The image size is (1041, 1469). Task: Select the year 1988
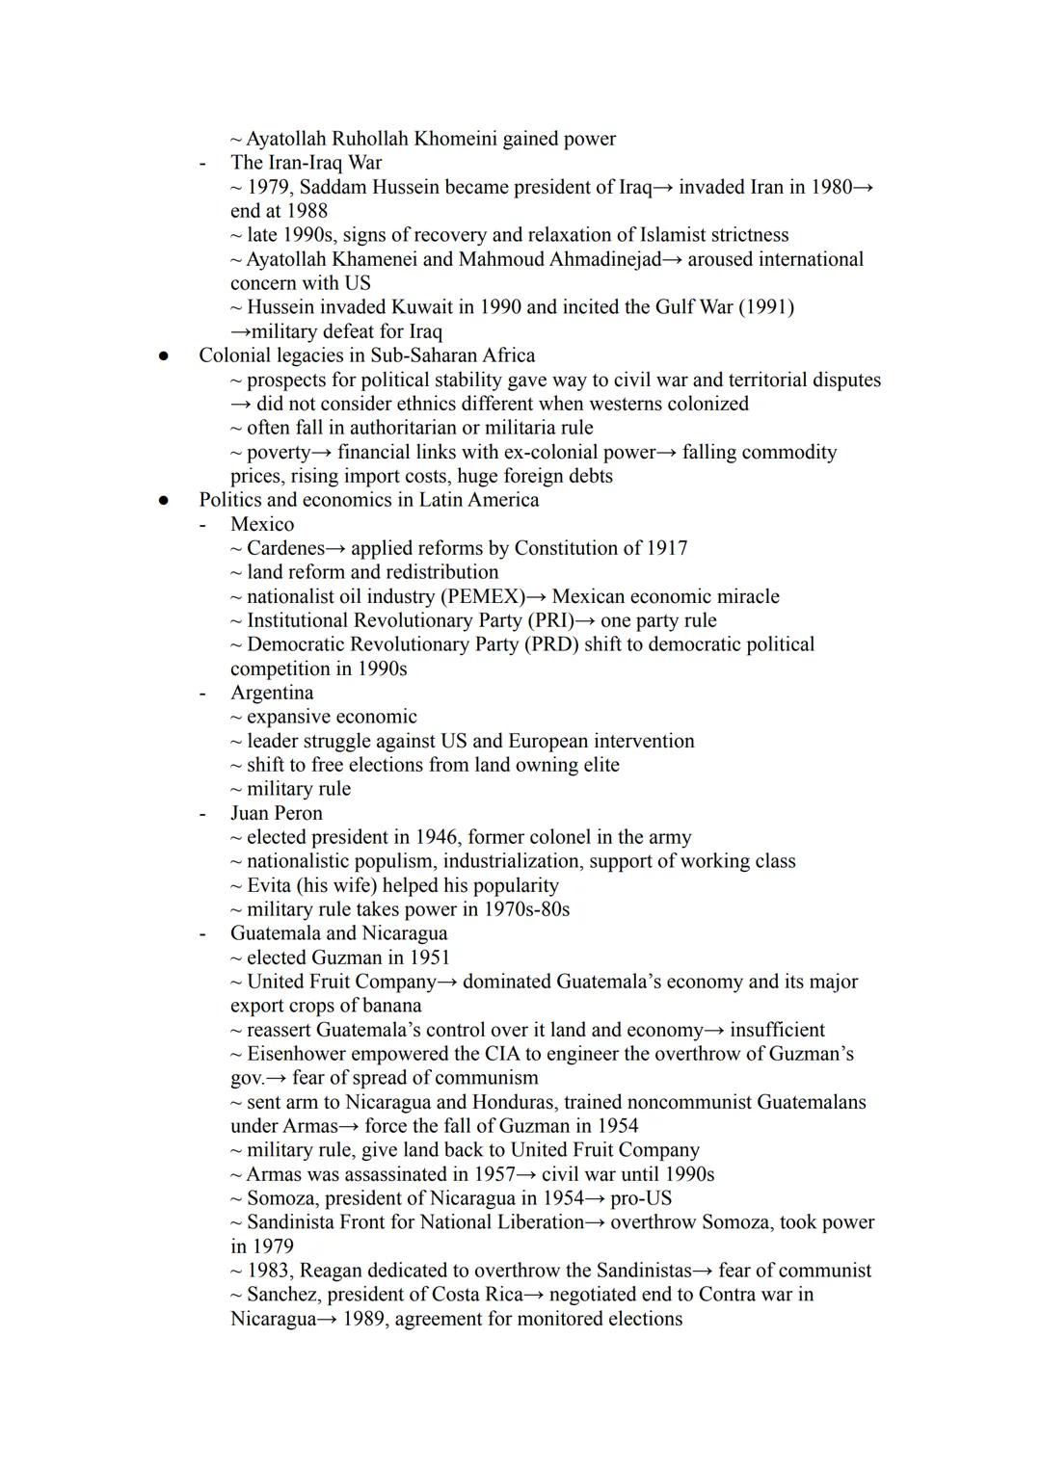[307, 211]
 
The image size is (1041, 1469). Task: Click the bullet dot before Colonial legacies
[164, 355]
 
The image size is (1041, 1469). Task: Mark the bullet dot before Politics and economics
[164, 500]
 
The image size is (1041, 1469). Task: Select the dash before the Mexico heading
[202, 524]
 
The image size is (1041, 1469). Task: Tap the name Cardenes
[285, 548]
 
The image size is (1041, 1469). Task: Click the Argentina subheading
[272, 693]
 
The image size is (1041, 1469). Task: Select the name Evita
[274, 885]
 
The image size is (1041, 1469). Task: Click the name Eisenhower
[301, 1054]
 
